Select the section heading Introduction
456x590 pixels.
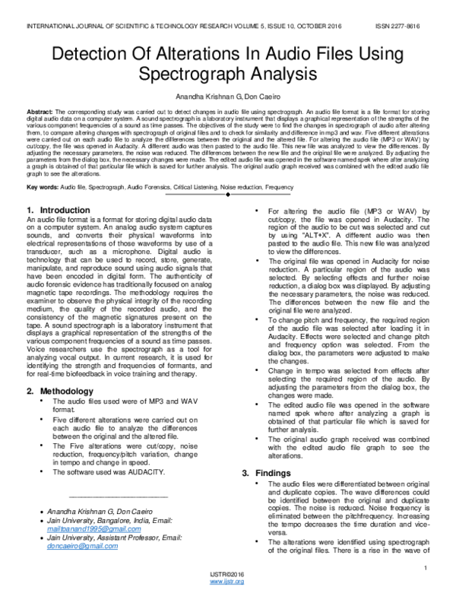click(68, 209)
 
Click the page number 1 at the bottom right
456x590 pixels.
click(429, 568)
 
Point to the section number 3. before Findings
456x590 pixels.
click(245, 473)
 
